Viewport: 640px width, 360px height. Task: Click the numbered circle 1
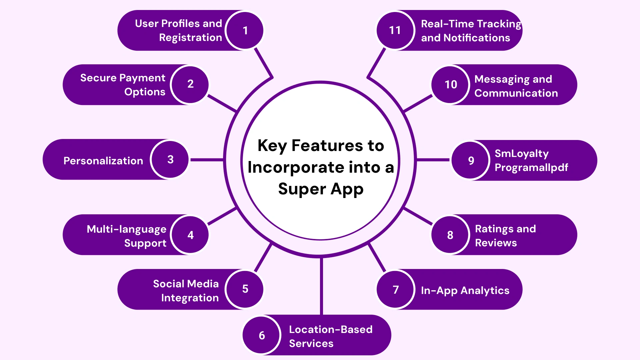(x=245, y=30)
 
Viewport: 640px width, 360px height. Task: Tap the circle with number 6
(x=262, y=335)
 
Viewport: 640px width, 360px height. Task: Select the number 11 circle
(x=395, y=30)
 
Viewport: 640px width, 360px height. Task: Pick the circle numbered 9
(x=471, y=160)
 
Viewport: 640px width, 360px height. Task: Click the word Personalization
(x=103, y=161)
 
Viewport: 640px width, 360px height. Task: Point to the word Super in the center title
(x=302, y=189)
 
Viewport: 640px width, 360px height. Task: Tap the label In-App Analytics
(x=465, y=290)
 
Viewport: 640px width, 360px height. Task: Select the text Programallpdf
(x=531, y=167)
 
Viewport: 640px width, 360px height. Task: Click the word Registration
(x=190, y=38)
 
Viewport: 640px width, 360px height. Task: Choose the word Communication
(x=516, y=93)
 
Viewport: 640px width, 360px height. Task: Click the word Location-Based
(x=330, y=329)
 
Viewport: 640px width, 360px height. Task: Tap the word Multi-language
(x=126, y=229)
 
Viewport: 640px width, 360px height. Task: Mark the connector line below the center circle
(x=321, y=287)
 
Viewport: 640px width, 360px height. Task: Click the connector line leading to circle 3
(x=207, y=160)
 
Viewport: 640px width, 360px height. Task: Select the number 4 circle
(x=190, y=235)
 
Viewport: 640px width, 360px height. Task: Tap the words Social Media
(x=186, y=284)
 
